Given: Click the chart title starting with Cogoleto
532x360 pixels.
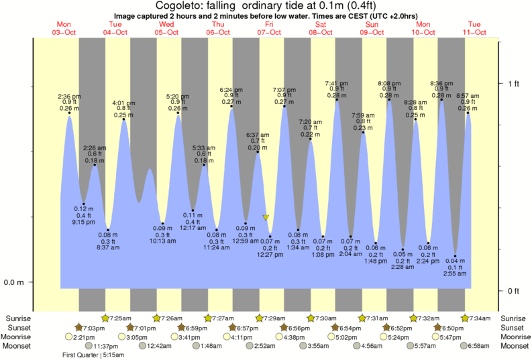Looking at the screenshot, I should (x=266, y=6).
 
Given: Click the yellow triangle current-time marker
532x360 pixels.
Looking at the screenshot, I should (x=266, y=218).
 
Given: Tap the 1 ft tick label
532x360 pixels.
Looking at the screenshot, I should (x=514, y=83).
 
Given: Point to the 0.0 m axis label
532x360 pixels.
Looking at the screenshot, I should (x=13, y=282).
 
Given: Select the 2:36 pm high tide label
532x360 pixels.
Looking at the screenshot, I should (x=70, y=96).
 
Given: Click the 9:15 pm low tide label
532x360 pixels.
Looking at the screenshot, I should (x=83, y=222).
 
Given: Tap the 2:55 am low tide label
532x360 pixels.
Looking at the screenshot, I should (x=455, y=274).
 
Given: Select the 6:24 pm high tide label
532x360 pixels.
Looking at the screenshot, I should (x=231, y=90).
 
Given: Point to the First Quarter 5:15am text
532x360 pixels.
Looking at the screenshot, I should (x=91, y=355).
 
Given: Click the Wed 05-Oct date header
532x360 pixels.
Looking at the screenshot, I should (x=166, y=27).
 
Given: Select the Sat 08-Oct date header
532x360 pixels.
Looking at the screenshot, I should (x=321, y=27).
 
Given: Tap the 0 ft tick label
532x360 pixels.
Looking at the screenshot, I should (x=514, y=291).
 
